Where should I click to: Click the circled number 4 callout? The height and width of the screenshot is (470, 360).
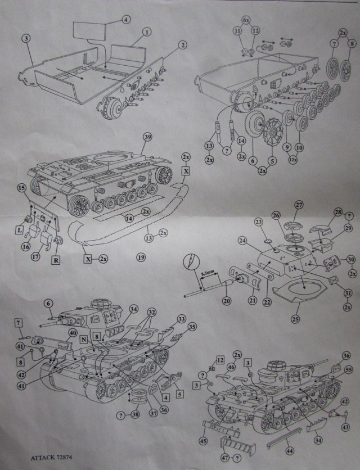click(x=126, y=19)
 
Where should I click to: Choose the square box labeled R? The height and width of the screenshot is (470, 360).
click(x=56, y=260)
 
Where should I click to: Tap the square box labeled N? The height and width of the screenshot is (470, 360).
click(x=84, y=340)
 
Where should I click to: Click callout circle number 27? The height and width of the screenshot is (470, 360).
click(x=298, y=205)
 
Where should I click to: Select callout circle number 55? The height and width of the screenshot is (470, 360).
click(x=348, y=370)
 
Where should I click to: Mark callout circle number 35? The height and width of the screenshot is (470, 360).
click(x=193, y=326)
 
